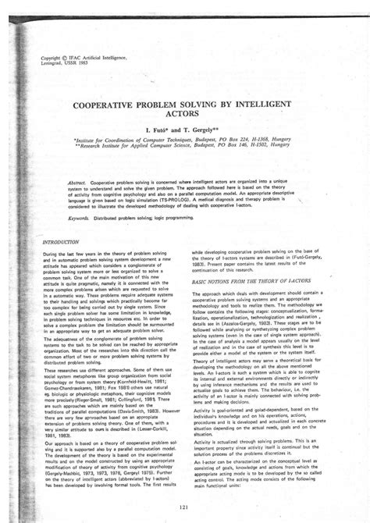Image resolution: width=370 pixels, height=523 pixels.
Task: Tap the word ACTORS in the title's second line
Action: [x=184, y=114]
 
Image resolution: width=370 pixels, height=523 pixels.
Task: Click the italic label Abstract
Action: [x=76, y=180]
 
